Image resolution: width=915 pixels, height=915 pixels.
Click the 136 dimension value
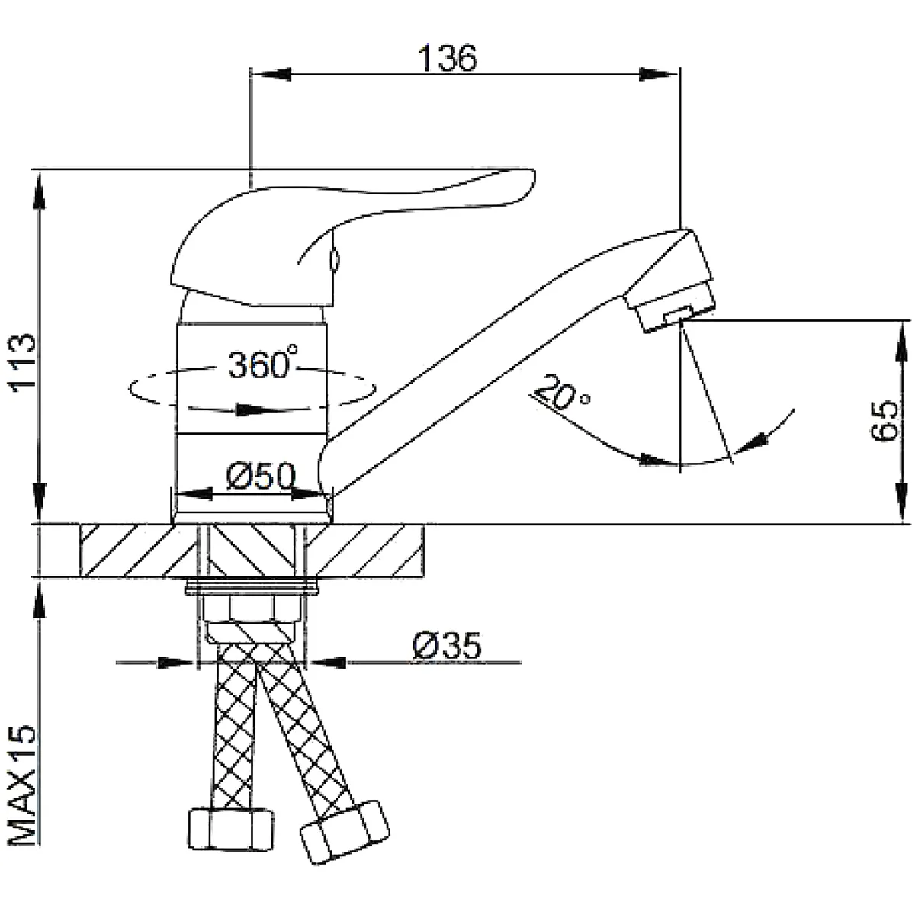tap(447, 58)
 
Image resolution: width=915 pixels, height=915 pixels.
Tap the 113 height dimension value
tap(22, 361)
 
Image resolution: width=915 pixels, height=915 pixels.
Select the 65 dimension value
tap(884, 420)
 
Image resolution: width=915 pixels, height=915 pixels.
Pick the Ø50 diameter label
tap(261, 476)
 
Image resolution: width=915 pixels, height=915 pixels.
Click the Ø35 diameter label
tap(447, 646)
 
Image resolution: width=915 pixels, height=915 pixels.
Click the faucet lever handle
tap(352, 236)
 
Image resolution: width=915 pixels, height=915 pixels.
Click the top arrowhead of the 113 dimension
tap(40, 190)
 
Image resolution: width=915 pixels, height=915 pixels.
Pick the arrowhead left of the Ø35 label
tap(177, 662)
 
